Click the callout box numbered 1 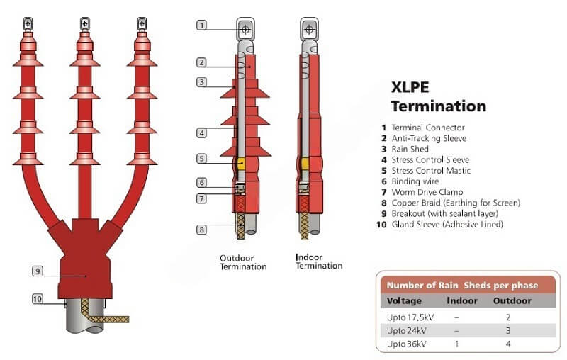click(x=202, y=25)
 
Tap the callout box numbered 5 click(x=202, y=158)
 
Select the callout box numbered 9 click(x=38, y=271)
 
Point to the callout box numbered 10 click(x=38, y=299)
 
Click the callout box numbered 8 click(x=202, y=230)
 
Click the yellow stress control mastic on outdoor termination click(x=241, y=164)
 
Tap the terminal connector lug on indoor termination click(x=309, y=28)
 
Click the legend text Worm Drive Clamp click(x=427, y=192)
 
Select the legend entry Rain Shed click(x=410, y=149)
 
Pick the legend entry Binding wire click(x=415, y=181)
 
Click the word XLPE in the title click(x=410, y=87)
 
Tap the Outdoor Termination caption click(x=243, y=262)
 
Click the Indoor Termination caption click(x=319, y=261)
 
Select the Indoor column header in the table click(x=462, y=300)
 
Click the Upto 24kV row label click(x=406, y=331)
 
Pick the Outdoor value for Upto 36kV click(x=508, y=344)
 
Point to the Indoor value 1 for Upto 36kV click(x=457, y=344)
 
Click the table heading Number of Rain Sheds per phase click(x=463, y=286)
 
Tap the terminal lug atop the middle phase click(x=84, y=24)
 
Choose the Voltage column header click(x=404, y=300)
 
